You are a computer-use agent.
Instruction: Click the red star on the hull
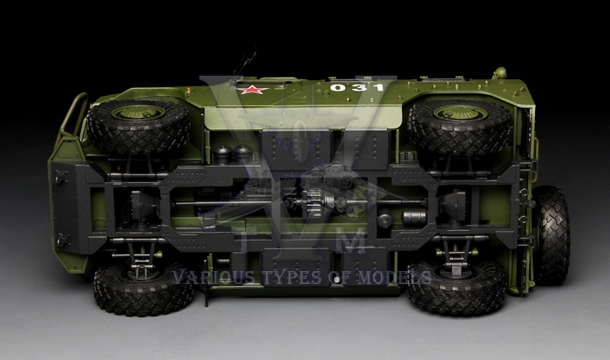253,90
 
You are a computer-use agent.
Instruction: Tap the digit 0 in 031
337,87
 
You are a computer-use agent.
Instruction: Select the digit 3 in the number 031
357,87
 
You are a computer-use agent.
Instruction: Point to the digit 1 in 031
376,87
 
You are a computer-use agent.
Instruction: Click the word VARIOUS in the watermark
213,277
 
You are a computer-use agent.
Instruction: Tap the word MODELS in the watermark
394,277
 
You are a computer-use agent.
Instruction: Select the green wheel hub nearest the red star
138,112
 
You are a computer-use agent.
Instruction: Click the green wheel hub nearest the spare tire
460,113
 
